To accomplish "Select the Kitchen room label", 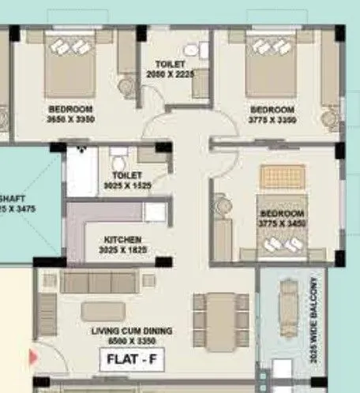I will [x=123, y=239].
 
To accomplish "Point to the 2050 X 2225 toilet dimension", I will [x=170, y=73].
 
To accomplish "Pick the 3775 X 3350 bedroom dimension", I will [x=272, y=119].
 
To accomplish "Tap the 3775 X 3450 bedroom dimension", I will [x=281, y=223].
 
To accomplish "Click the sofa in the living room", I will [x=99, y=282].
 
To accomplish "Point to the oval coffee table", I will [x=108, y=313].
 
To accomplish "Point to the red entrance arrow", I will [x=34, y=357].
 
